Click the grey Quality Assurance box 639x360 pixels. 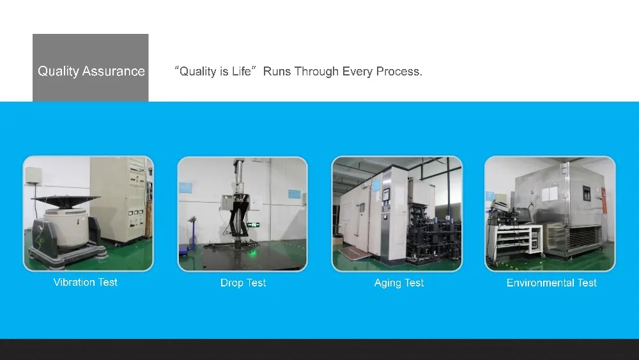click(x=91, y=68)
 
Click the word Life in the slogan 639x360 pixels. click(x=242, y=72)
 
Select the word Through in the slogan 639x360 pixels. click(x=316, y=72)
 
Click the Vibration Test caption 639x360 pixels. click(x=86, y=282)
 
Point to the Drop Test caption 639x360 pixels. click(x=243, y=283)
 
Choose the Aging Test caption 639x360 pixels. click(x=399, y=283)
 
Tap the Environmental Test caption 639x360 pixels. click(x=551, y=283)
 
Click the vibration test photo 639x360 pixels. click(x=88, y=213)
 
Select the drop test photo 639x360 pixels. click(x=242, y=214)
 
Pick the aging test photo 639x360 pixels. click(x=397, y=214)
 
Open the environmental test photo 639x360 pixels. click(x=550, y=214)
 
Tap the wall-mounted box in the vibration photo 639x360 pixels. click(x=32, y=175)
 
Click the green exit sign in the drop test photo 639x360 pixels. click(x=254, y=224)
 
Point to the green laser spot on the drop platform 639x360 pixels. click(x=252, y=254)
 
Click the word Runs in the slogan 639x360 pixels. click(x=277, y=72)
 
